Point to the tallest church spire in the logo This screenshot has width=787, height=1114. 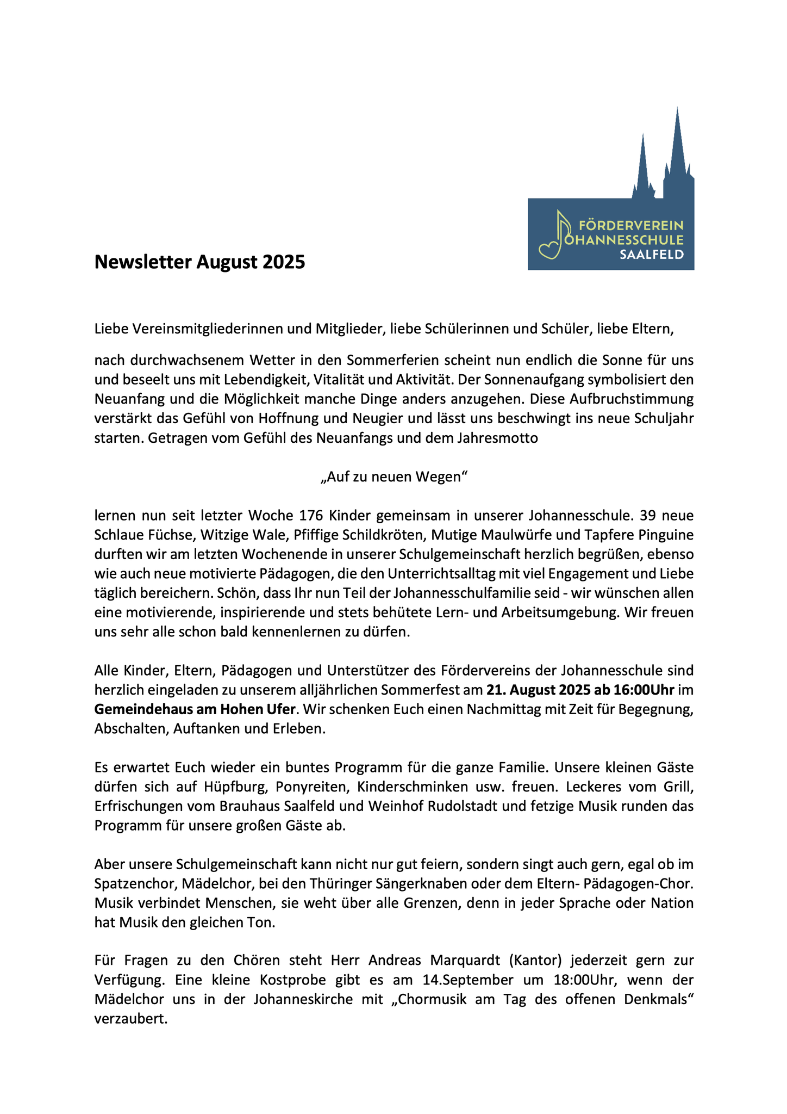[x=677, y=147]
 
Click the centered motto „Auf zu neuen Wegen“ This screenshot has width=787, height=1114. [x=393, y=477]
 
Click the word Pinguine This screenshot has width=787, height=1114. [x=666, y=535]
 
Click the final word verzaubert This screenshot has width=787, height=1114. [x=130, y=1019]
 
